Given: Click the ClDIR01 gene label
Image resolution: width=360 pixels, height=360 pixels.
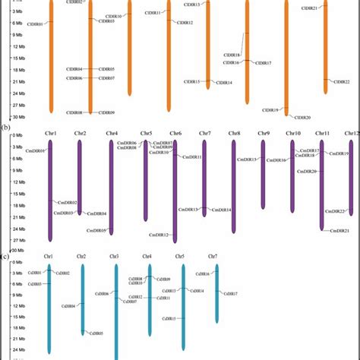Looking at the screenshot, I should tap(36, 24).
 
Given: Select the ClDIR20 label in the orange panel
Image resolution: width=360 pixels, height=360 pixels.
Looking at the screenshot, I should tap(302, 117).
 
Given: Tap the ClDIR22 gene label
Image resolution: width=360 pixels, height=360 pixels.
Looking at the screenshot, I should tap(341, 81).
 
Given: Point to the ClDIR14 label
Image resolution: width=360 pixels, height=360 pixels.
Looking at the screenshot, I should tap(224, 83).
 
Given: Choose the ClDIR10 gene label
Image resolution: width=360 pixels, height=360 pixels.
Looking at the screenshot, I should tap(113, 16).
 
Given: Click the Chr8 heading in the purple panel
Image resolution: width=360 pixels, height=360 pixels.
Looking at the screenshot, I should tap(235, 134).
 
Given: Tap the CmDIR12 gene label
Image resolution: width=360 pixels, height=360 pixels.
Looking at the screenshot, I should tap(159, 235).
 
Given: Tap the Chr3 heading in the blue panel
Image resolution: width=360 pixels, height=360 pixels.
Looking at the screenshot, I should tap(115, 257).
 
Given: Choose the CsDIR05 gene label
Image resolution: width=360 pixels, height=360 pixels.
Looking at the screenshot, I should tap(96, 333).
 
